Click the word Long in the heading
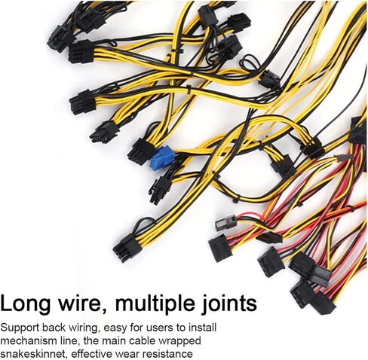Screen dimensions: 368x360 pyautogui.click(x=25, y=304)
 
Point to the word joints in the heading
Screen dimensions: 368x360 pyautogui.click(x=229, y=304)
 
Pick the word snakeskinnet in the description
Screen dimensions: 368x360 pyautogui.click(x=34, y=354)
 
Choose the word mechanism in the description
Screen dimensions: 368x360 pyautogui.click(x=26, y=341)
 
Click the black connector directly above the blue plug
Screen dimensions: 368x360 pyautogui.click(x=141, y=151)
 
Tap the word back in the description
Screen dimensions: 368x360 pyautogui.click(x=53, y=328)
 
